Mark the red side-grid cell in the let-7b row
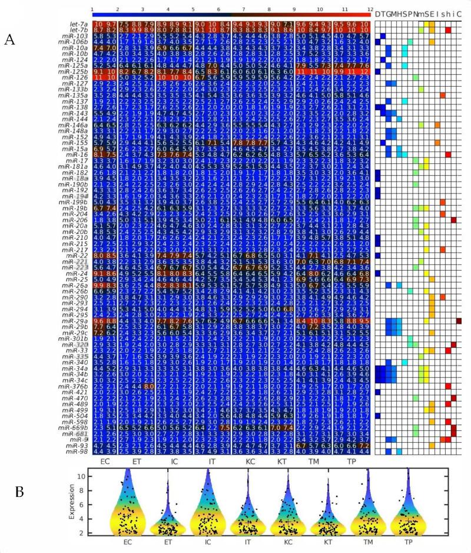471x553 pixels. [x=448, y=30]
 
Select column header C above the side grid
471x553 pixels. [x=459, y=14]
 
